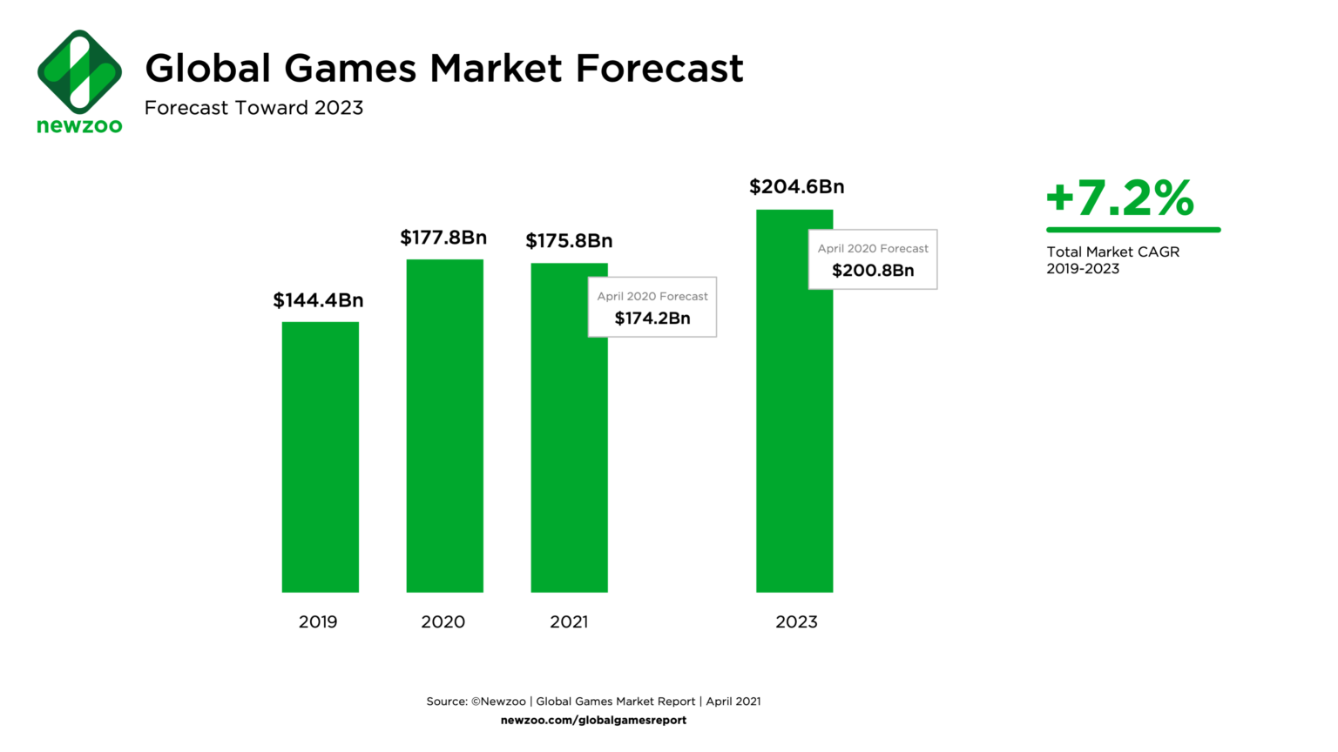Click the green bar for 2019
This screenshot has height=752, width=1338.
(x=320, y=457)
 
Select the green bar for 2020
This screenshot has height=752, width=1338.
(x=444, y=426)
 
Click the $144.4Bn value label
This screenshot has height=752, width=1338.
(x=318, y=300)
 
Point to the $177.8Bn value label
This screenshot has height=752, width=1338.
(x=443, y=238)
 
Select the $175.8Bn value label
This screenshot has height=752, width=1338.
(x=569, y=241)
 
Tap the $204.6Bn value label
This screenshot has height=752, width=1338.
(x=796, y=187)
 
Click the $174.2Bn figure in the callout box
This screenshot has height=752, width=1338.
(x=652, y=319)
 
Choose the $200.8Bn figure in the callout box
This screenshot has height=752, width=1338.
(x=873, y=271)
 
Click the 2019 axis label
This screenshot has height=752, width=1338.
(x=318, y=621)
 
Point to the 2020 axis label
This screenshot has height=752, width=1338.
(x=443, y=621)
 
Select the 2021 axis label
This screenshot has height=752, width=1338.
(x=569, y=621)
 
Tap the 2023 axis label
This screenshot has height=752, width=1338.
(x=796, y=621)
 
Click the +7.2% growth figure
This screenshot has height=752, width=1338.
(x=1120, y=198)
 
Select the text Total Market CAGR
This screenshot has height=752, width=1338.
(x=1112, y=252)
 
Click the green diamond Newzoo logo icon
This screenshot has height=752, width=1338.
(x=79, y=72)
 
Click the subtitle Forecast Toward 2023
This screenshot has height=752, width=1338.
(x=253, y=108)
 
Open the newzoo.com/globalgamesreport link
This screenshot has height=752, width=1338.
(x=593, y=720)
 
